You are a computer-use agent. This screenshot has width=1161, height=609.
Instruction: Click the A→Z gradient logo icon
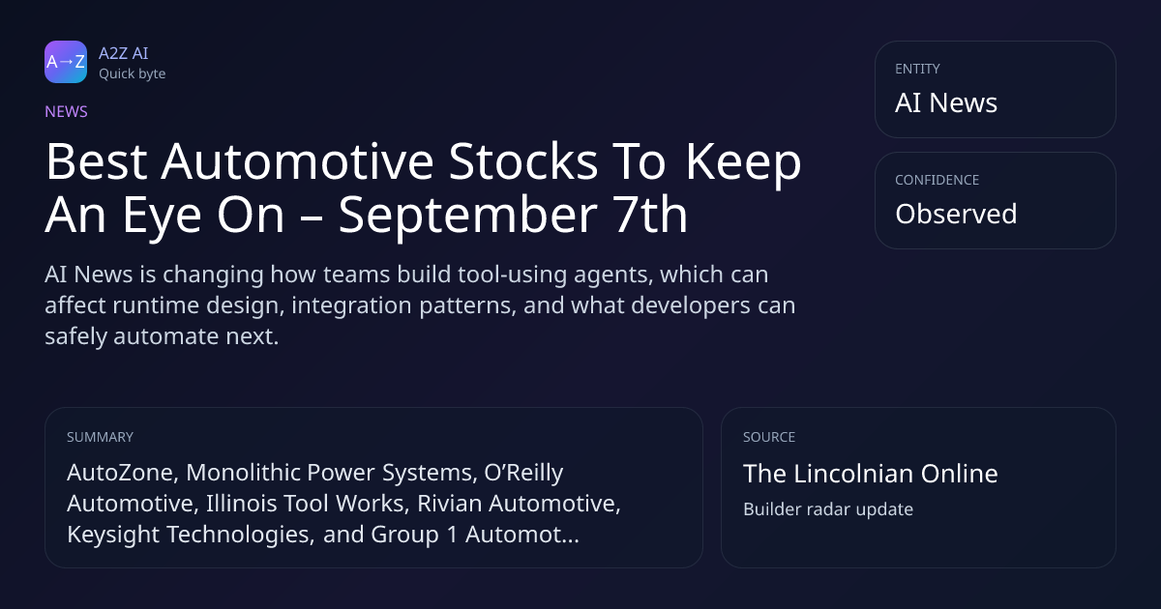click(66, 62)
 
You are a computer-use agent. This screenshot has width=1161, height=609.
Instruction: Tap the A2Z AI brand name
click(124, 53)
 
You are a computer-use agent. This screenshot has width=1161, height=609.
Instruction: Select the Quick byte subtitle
click(133, 74)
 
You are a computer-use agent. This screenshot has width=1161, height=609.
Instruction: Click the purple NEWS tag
click(67, 112)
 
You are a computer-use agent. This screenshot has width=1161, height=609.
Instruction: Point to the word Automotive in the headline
click(298, 161)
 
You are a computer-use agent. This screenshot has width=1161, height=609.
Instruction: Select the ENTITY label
click(917, 69)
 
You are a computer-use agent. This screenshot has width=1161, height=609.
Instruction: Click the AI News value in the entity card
click(946, 102)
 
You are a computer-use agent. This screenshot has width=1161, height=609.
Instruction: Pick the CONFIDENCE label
click(938, 180)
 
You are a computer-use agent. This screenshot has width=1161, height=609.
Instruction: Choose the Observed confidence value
click(956, 214)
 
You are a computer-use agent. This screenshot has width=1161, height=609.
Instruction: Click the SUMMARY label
click(100, 437)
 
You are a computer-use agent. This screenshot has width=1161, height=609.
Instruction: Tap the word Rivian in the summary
click(450, 504)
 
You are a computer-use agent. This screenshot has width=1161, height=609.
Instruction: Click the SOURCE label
click(769, 437)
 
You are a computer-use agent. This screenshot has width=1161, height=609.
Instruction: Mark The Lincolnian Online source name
click(870, 474)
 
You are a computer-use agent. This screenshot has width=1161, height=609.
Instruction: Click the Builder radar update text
click(828, 509)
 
